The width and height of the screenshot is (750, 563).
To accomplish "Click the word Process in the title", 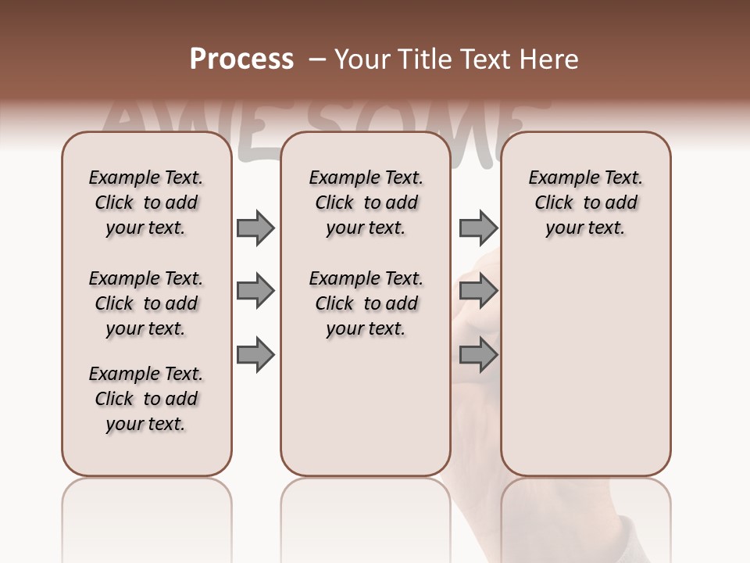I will [241, 59].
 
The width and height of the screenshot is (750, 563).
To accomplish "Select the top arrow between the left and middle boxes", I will [255, 228].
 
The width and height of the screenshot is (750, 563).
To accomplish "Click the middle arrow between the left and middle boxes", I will [255, 292].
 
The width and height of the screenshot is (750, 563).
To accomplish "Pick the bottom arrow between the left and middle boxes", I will [255, 356].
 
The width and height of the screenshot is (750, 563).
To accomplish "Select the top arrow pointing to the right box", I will [478, 228].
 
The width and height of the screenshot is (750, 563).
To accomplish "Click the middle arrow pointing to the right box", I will [478, 292].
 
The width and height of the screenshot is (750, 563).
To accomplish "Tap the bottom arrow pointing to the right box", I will [478, 356].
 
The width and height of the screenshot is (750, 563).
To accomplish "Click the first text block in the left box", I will [146, 203].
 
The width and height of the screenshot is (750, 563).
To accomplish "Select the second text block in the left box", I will [146, 303].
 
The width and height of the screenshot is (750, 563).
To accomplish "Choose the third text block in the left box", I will [146, 399].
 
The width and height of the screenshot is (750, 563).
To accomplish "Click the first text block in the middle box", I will [366, 203].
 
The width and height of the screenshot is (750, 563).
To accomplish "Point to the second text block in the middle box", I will [366, 303].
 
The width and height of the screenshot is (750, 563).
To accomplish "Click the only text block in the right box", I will [585, 203].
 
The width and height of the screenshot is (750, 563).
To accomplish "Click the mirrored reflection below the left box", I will [147, 516].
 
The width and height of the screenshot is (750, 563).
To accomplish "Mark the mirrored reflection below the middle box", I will [366, 516].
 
